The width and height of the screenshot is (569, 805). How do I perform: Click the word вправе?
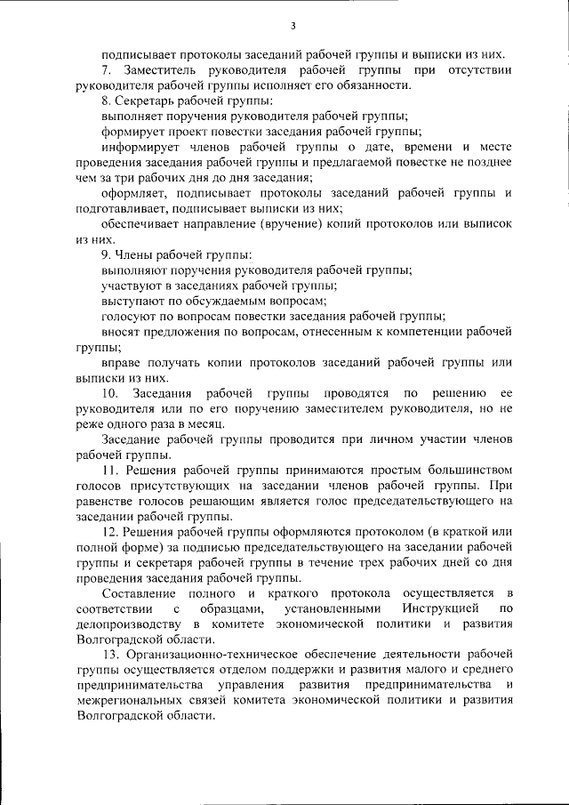(124, 363)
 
